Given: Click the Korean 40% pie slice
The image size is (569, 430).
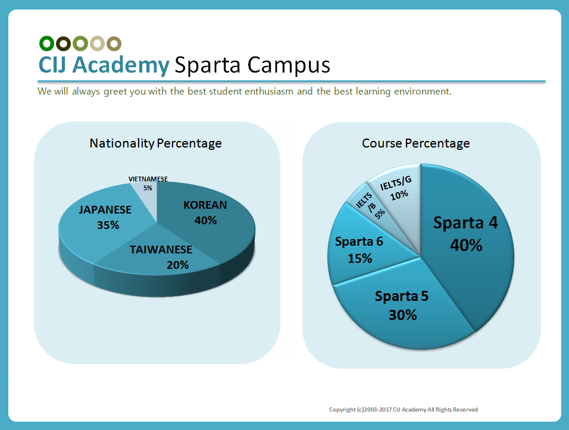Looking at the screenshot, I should pos(208,226).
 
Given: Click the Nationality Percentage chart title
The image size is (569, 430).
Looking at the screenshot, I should pos(155,143).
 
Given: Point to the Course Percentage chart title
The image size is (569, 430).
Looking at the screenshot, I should pos(416,143).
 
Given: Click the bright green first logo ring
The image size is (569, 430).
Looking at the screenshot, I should pos(47,43).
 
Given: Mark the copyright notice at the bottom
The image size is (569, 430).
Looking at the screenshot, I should pos(404,410).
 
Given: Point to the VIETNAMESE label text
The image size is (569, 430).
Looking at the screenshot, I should pos(148,179).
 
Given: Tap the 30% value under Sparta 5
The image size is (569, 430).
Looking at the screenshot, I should pos(402,315).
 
